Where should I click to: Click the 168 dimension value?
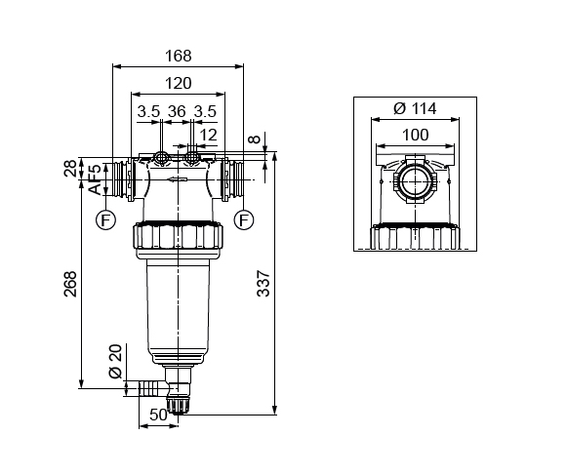(x=179, y=57)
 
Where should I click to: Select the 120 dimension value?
(x=178, y=84)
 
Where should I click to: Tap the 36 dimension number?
(x=178, y=111)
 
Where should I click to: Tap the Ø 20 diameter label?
(x=114, y=360)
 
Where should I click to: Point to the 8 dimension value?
(x=256, y=140)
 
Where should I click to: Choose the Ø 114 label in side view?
(x=414, y=108)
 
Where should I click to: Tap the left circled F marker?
(x=104, y=219)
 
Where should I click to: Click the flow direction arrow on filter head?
(x=177, y=179)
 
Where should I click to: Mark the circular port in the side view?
(x=415, y=181)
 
